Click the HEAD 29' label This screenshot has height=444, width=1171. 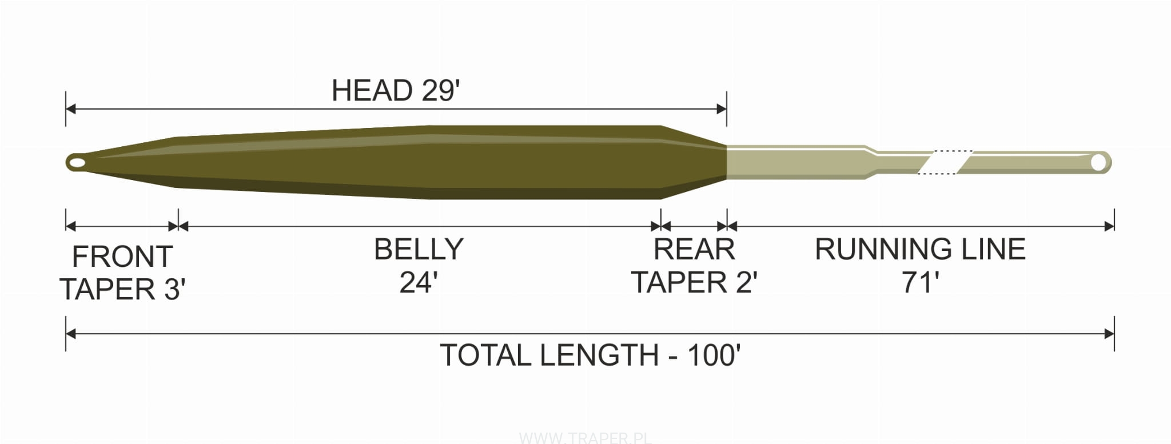(396, 90)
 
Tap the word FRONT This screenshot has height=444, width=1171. (122, 257)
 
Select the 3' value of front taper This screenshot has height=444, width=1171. (175, 289)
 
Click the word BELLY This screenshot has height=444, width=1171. (419, 249)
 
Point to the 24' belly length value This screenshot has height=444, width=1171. (419, 282)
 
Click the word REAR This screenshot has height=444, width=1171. (694, 249)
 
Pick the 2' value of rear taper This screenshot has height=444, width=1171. (747, 282)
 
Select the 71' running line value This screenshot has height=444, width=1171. (921, 282)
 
